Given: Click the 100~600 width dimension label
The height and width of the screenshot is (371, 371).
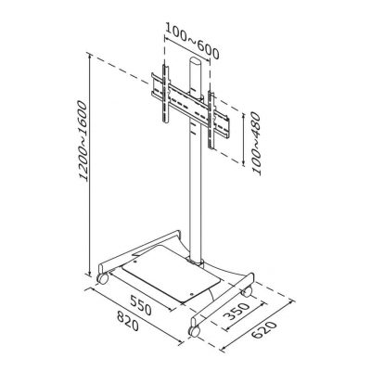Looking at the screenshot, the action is pyautogui.click(x=192, y=41).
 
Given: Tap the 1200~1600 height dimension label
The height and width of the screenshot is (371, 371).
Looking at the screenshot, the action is pyautogui.click(x=83, y=141).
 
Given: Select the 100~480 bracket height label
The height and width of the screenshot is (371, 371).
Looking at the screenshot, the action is pyautogui.click(x=256, y=144).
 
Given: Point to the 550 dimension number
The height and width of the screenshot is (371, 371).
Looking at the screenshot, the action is pyautogui.click(x=141, y=305).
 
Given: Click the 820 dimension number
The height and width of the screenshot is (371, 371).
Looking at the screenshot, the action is pyautogui.click(x=128, y=321).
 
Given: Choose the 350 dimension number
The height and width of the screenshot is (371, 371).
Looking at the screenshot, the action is pyautogui.click(x=237, y=312).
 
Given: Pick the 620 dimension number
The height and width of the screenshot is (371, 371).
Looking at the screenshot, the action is pyautogui.click(x=263, y=330).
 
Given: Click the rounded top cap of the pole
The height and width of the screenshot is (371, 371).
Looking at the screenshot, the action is pyautogui.click(x=196, y=61).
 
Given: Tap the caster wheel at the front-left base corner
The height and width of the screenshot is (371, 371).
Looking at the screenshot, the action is pyautogui.click(x=102, y=278).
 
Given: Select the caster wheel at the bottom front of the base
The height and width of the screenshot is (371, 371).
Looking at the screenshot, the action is pyautogui.click(x=194, y=331).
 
